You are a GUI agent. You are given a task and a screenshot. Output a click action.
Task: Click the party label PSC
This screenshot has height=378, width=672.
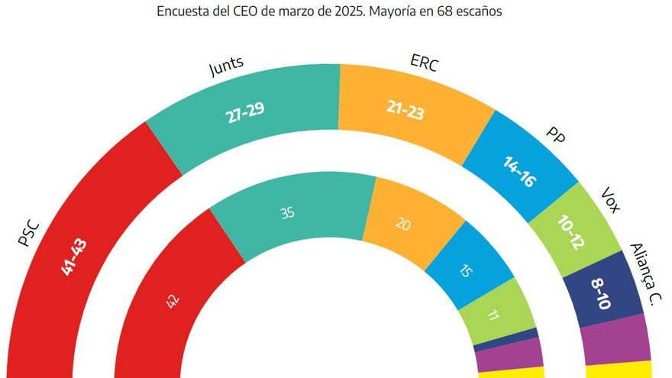28,232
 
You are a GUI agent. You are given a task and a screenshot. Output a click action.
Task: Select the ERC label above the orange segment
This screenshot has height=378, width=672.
425,65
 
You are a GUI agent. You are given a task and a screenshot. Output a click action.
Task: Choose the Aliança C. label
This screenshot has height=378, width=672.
643,274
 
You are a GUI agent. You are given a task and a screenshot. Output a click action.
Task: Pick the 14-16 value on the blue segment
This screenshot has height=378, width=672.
517,172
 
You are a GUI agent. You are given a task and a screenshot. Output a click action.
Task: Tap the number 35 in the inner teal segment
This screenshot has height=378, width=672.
287,214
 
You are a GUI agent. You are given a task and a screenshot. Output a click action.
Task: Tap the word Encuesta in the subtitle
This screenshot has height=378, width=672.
183,12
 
